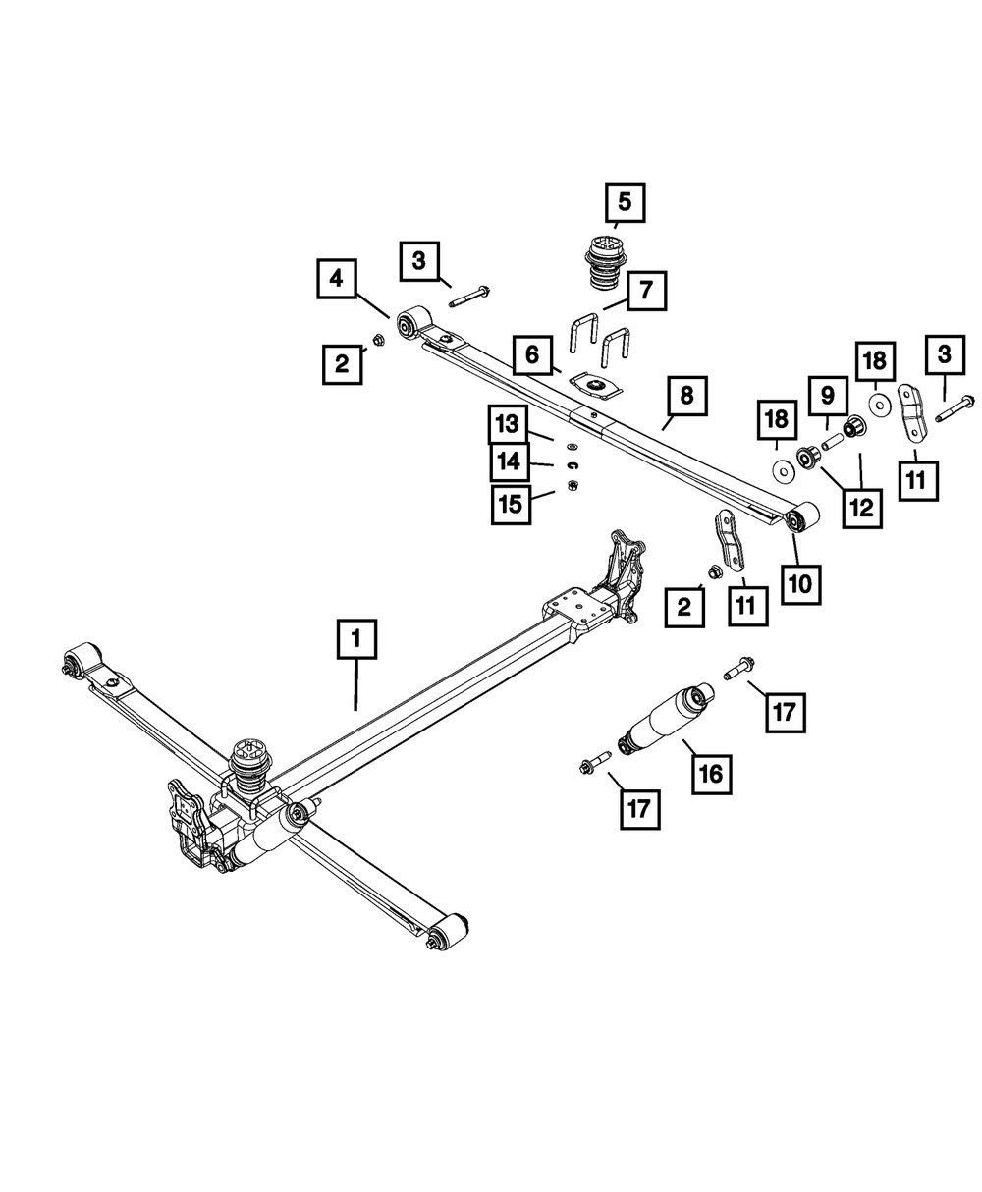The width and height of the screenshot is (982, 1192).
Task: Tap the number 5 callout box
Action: click(x=625, y=203)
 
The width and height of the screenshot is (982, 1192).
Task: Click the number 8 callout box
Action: click(x=686, y=397)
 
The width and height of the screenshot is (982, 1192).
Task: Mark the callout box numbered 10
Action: click(x=800, y=582)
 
